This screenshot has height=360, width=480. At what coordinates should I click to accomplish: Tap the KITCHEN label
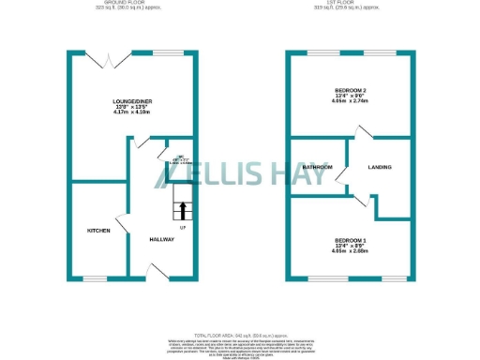[x=99, y=230]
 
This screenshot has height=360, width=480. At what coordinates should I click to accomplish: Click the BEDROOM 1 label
[x=349, y=241]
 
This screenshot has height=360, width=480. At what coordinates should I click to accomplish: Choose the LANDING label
[x=380, y=167]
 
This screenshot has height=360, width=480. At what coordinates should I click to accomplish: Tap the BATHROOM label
[x=317, y=167]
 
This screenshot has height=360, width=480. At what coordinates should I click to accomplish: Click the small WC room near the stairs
[x=178, y=158]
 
